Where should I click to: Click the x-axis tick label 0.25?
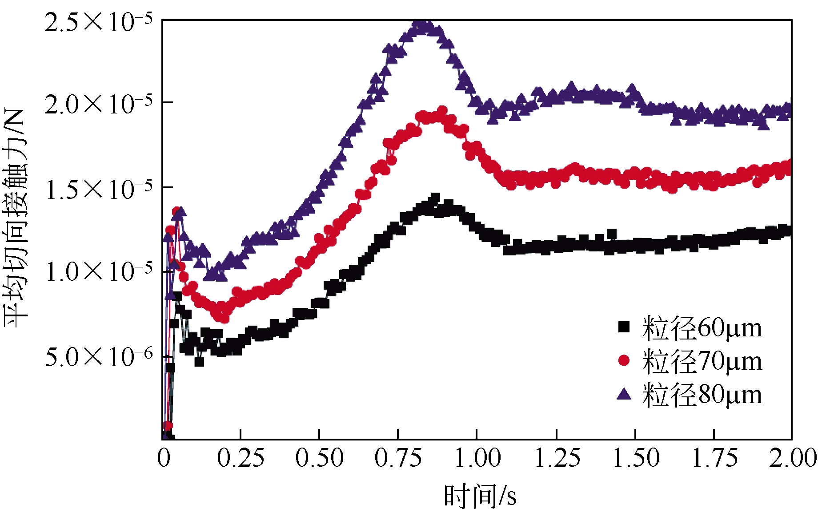241,458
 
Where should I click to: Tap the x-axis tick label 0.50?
319,458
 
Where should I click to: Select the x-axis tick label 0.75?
398,458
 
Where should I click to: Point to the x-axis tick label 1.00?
477,458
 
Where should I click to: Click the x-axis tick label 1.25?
557,458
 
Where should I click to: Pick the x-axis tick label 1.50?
635,458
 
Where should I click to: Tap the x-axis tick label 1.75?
714,458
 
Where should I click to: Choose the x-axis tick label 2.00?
793,458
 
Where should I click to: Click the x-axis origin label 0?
164,458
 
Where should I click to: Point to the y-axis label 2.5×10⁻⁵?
98,22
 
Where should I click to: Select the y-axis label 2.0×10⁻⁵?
98,105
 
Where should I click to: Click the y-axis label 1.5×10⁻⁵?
98,189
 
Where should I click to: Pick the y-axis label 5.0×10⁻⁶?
98,357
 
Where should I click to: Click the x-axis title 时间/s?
480,496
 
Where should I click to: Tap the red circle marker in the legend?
624,360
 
